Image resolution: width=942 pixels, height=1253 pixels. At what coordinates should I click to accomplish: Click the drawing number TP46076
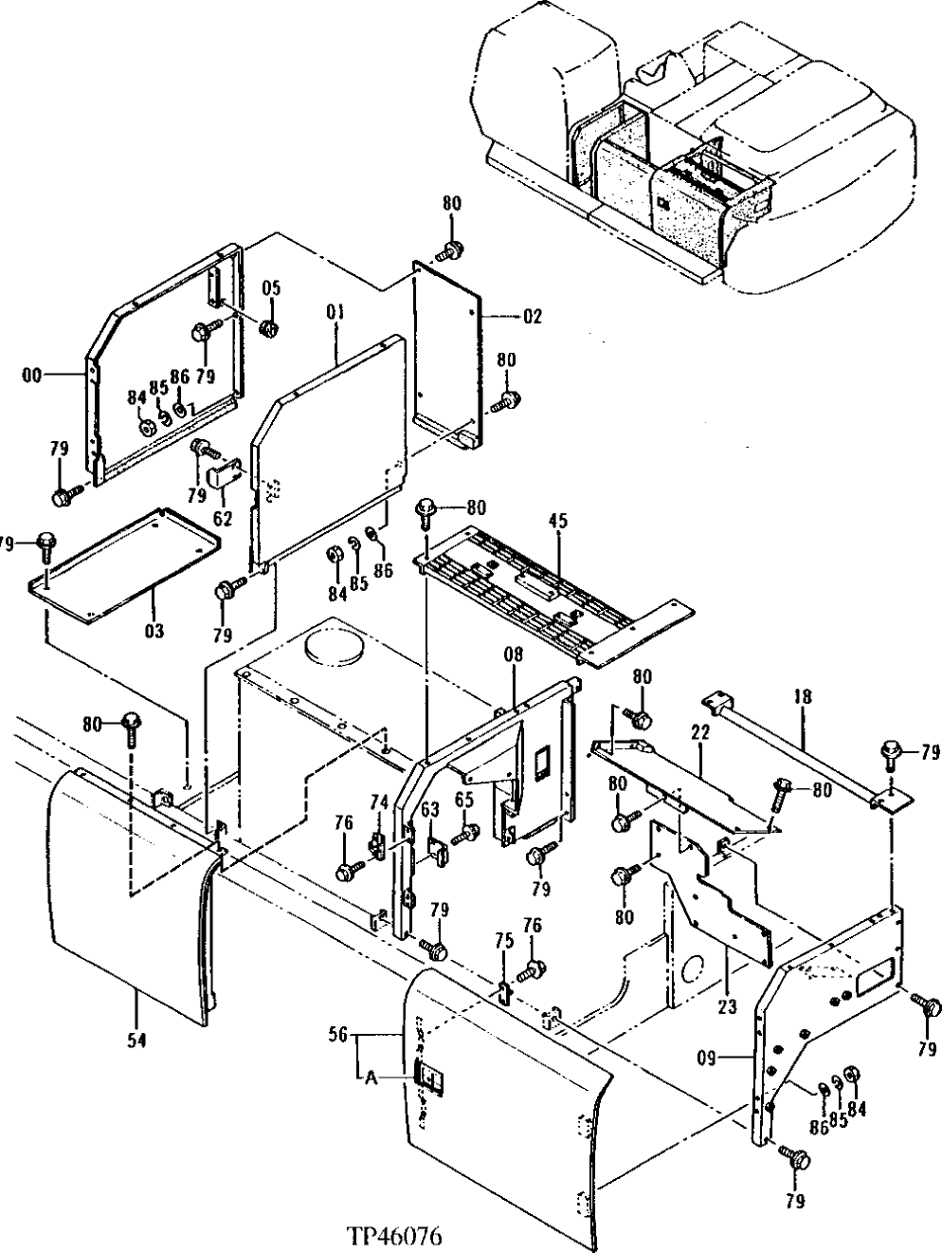point(394,1237)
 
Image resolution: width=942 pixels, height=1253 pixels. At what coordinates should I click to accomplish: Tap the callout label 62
point(223,518)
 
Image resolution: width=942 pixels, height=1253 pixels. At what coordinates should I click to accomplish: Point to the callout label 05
point(272,288)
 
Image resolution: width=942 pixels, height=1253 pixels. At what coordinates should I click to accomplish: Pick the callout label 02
point(533,317)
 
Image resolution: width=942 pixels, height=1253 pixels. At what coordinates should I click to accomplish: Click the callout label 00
point(33,376)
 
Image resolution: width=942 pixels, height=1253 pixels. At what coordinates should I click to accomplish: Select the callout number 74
point(379,802)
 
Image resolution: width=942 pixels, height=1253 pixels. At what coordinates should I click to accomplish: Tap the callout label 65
point(464,801)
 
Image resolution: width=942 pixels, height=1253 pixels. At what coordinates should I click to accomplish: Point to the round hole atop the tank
point(332,648)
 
